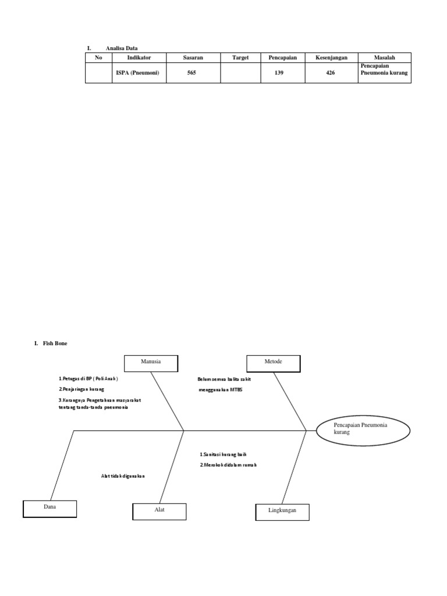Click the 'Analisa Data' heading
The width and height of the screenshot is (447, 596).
click(122, 48)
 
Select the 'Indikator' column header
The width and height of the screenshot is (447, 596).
click(139, 57)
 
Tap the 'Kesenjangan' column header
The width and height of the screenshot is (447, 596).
click(331, 57)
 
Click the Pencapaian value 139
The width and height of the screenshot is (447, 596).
click(279, 73)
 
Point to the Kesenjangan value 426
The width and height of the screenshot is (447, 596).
click(331, 73)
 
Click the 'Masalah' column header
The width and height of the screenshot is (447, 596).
click(384, 57)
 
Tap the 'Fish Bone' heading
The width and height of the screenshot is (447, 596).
click(55, 343)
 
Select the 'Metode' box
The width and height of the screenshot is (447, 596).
click(274, 362)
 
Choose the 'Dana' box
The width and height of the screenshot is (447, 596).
click(49, 508)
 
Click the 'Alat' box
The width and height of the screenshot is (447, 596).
click(159, 511)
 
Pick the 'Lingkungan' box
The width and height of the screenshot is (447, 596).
click(282, 511)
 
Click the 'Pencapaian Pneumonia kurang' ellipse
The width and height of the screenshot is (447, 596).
click(363, 430)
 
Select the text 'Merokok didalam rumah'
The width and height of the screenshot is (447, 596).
click(228, 465)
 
